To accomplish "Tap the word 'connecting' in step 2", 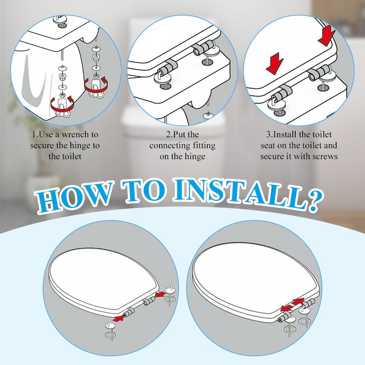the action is click(167, 146).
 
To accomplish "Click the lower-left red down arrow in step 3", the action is click(275, 63).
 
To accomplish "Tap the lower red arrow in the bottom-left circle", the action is click(119, 318).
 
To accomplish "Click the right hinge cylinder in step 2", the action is click(203, 48).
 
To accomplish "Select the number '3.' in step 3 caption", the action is click(269, 135).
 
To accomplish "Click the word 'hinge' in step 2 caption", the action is click(194, 157).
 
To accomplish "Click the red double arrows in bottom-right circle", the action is click(292, 305).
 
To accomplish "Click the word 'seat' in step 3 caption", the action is click(268, 146).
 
